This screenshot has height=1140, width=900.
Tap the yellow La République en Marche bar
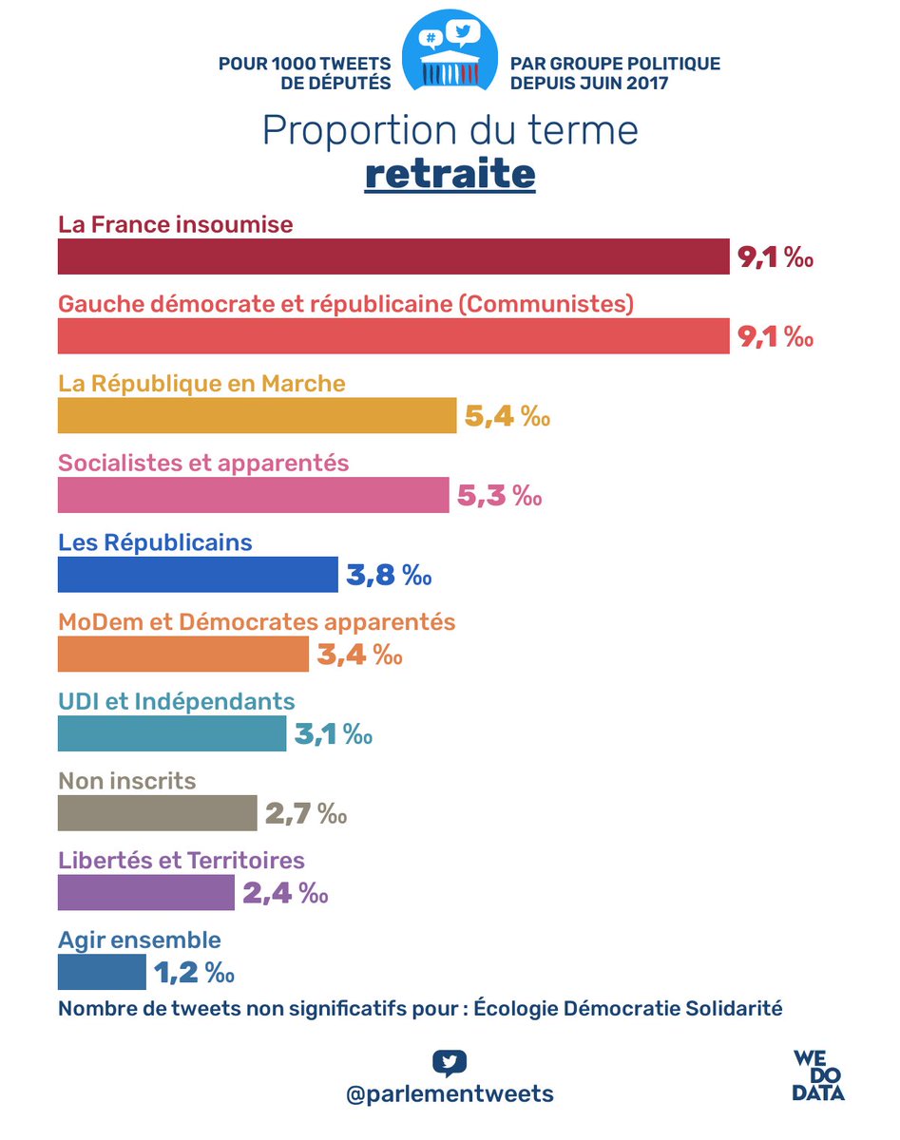point(258,416)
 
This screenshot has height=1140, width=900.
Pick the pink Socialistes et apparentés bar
point(253,496)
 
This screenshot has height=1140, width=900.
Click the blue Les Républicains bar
point(198,575)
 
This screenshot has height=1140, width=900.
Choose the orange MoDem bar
point(183,655)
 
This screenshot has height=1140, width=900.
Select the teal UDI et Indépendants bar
point(172,734)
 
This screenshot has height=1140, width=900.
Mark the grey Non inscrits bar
point(157,814)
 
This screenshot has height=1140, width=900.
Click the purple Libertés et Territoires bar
point(146,894)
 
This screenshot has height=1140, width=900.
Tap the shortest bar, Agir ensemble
point(102,973)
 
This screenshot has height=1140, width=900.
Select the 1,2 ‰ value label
point(193,973)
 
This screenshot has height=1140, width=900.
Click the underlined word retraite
point(450,175)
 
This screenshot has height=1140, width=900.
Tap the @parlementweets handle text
point(450,1093)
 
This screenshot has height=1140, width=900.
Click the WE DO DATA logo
point(818,1075)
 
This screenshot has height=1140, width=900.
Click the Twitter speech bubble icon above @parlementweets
point(450,1062)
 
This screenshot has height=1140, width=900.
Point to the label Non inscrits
point(126,781)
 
